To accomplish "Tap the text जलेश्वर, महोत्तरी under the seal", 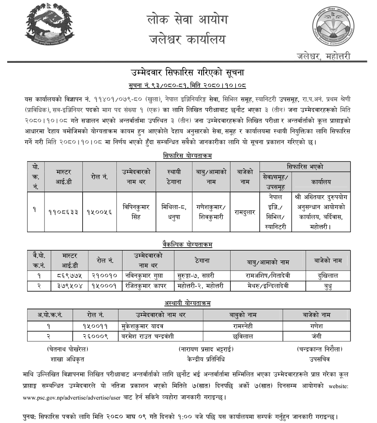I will [323, 56].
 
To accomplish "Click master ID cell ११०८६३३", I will [63, 212].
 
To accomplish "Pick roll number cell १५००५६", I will [99, 212].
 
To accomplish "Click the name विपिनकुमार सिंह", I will [136, 211].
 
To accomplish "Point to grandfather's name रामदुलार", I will [244, 212].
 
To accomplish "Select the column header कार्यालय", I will [321, 182].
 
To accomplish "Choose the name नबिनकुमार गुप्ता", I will [147, 275].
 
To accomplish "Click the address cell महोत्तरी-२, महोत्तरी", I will [200, 286].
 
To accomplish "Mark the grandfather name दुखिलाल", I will [328, 275].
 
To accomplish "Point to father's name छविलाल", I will [243, 336].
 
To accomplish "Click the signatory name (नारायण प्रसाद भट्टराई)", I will [206, 349].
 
